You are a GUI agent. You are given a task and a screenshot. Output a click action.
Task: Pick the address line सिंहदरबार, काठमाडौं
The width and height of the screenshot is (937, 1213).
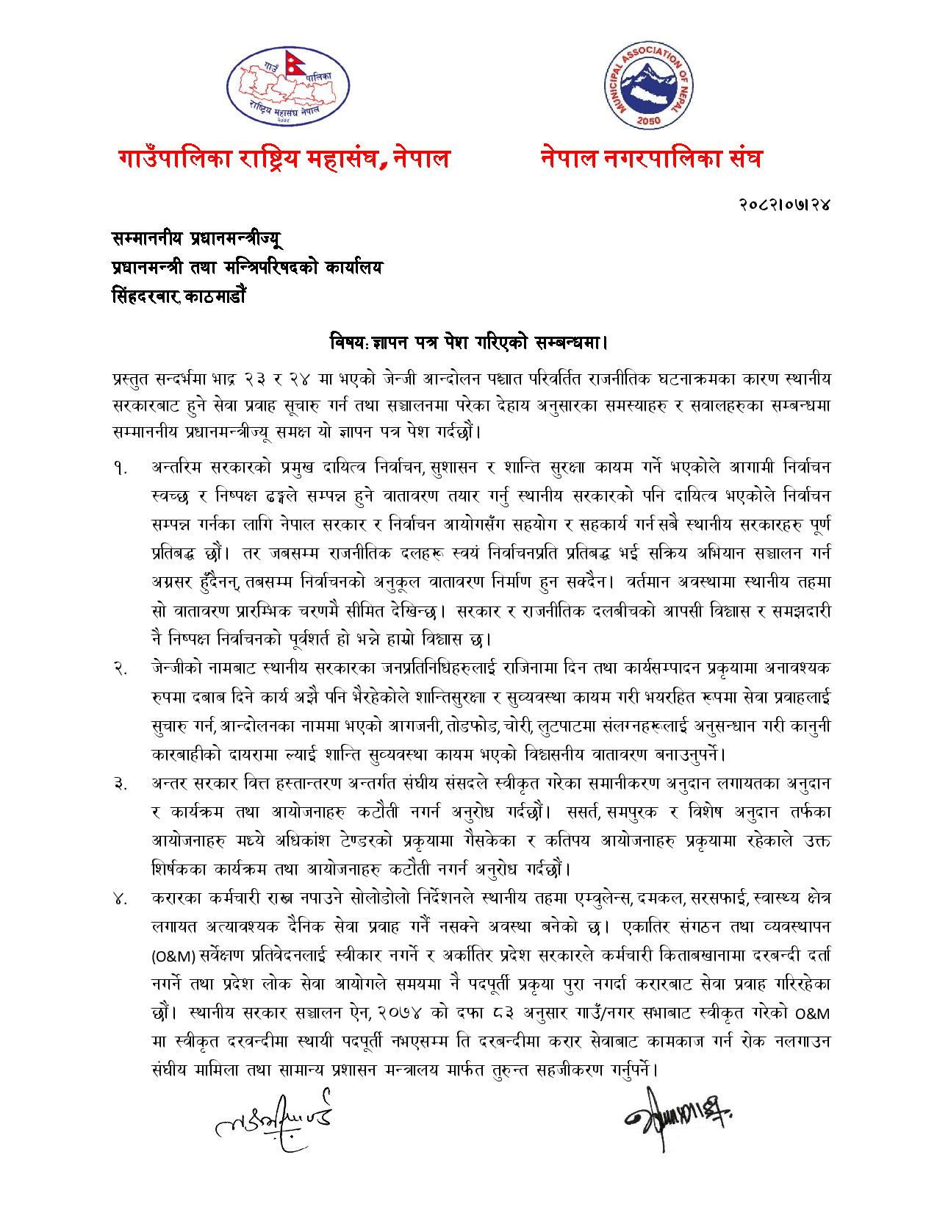[x=179, y=297]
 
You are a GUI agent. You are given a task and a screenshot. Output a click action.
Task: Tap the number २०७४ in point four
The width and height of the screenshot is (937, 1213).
[x=408, y=1014]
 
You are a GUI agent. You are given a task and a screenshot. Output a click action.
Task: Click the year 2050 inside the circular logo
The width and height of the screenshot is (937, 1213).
[x=649, y=118]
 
